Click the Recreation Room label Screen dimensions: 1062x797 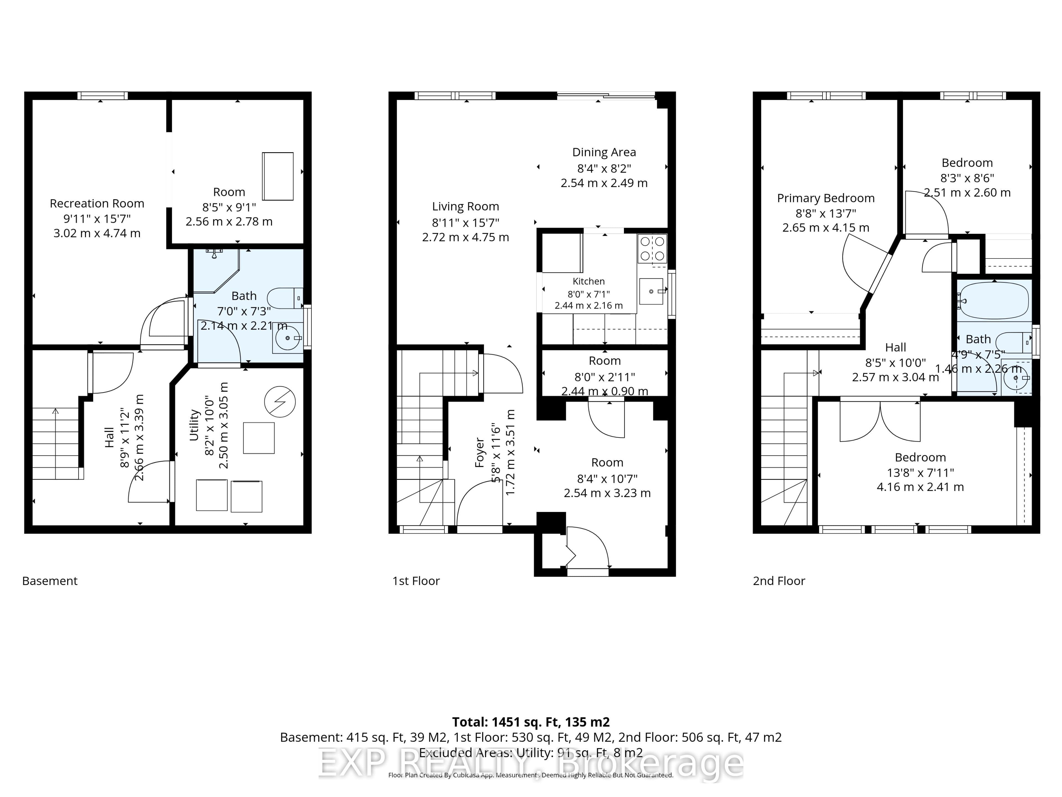point(97,204)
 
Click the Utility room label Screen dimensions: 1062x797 point(194,425)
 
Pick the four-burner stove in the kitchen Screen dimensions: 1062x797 point(652,249)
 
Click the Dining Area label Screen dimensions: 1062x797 point(604,152)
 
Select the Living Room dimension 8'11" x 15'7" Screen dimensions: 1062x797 point(465,222)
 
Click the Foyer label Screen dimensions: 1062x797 point(479,452)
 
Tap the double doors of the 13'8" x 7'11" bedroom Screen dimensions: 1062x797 point(880,421)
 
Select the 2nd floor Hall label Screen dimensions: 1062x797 point(896,347)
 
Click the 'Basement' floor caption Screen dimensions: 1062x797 point(50,581)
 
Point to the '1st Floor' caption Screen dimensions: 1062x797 point(416,581)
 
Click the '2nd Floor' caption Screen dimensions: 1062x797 point(779,581)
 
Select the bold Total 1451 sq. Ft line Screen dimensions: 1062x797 point(531,722)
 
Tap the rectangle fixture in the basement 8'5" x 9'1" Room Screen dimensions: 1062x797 point(277,176)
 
